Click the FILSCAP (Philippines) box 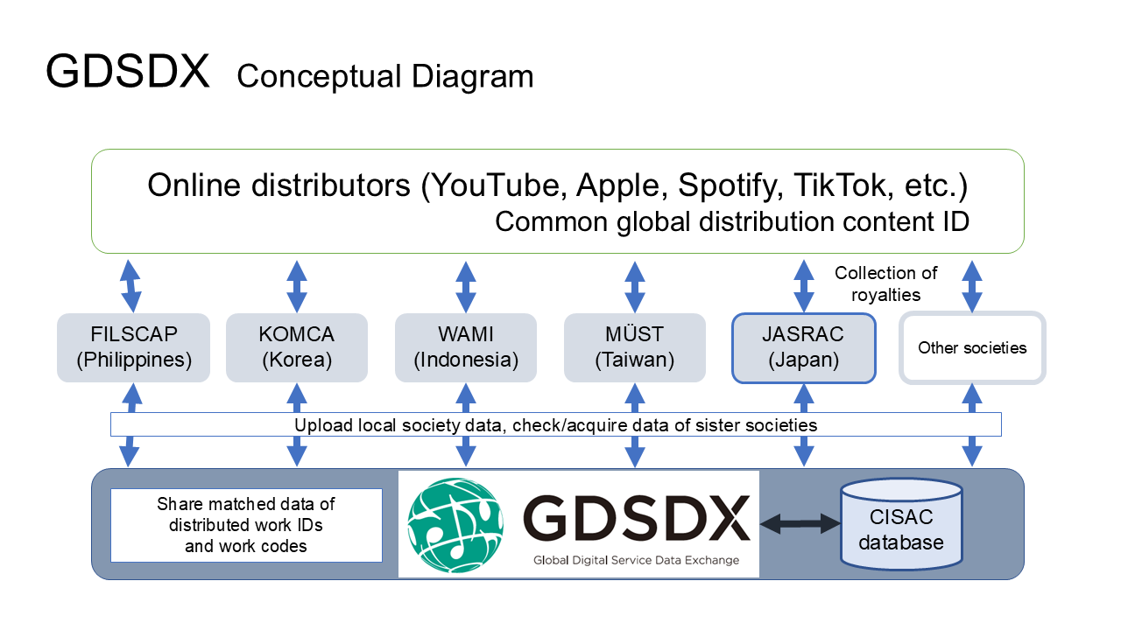[x=133, y=347]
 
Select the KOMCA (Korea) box [x=297, y=347]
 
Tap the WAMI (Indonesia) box [x=466, y=347]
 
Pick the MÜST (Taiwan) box [x=634, y=347]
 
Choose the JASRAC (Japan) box [x=803, y=347]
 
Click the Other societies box [x=972, y=347]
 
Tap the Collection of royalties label [x=885, y=284]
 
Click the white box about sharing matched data [x=246, y=525]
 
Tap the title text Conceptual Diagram [x=384, y=76]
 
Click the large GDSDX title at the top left [x=128, y=71]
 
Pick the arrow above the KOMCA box [x=297, y=284]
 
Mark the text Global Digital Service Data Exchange [x=636, y=560]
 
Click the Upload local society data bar [x=555, y=425]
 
